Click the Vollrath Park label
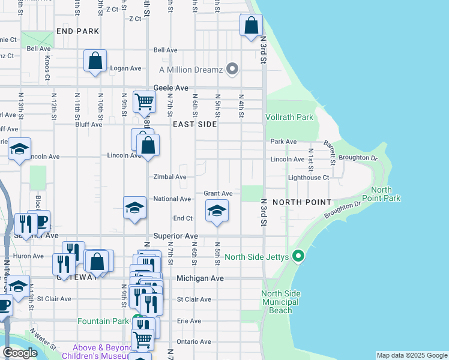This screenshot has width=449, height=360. point(289,118)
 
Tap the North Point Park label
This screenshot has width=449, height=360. point(381,194)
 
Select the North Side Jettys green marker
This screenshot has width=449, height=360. point(298,257)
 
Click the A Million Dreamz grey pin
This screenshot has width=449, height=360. point(233,70)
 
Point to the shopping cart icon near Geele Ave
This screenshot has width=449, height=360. point(144,103)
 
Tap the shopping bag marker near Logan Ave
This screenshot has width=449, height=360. point(95,61)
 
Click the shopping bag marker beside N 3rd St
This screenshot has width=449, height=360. point(252,26)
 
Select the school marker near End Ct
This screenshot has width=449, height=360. point(217,211)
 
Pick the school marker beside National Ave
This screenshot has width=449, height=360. point(134,208)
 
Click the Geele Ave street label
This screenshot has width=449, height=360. point(171,87)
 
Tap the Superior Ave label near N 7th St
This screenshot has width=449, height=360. point(175,236)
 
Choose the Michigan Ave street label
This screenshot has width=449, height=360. point(200,278)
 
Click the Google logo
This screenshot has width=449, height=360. point(20,353)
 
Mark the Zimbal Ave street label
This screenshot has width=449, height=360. point(169,177)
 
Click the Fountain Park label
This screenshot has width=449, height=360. point(103,321)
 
